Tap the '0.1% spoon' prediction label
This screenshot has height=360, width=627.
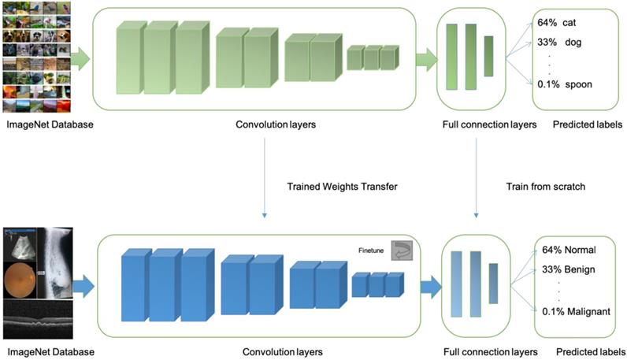[566, 84]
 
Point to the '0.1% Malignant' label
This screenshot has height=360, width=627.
[576, 312]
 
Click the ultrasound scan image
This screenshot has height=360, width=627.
[24, 244]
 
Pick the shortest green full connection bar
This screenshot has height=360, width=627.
[488, 56]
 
